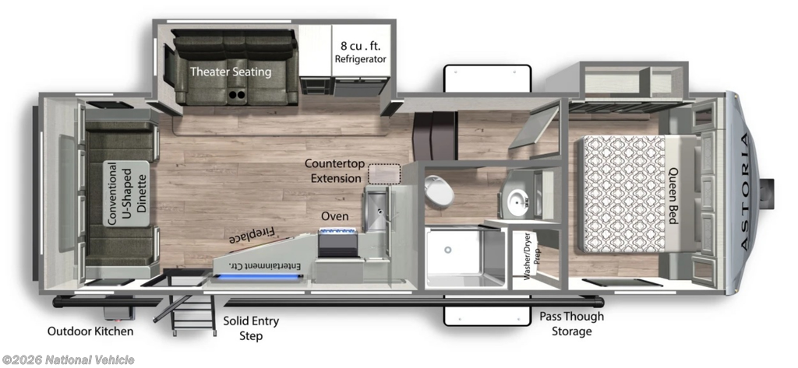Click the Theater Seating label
click(231, 72)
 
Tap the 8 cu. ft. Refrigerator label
click(360, 52)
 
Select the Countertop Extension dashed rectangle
click(384, 173)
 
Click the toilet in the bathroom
click(439, 191)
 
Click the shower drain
click(448, 250)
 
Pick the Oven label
click(334, 216)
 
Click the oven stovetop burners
click(337, 233)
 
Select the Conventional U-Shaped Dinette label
click(127, 194)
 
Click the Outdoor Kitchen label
click(90, 331)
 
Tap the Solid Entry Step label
click(251, 328)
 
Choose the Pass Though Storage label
click(572, 324)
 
